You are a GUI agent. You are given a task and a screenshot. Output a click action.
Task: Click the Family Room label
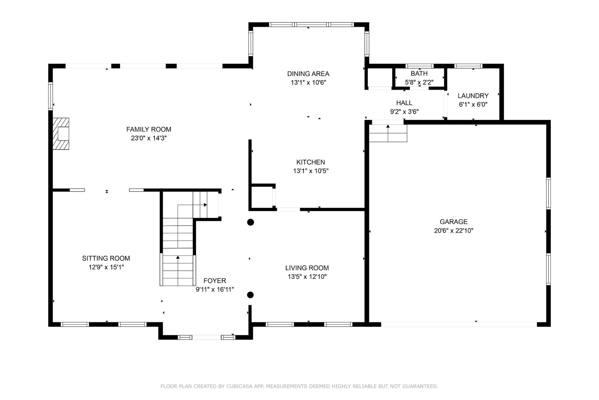tap(149, 129)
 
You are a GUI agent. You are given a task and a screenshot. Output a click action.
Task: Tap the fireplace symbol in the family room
tap(61, 134)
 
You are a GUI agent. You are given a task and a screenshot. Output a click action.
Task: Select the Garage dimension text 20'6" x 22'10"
tap(454, 230)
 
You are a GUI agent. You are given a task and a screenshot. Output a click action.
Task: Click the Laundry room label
tap(473, 96)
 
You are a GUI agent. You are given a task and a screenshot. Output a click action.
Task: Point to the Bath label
tap(419, 73)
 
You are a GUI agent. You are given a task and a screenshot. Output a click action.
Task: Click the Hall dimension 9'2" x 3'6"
tap(404, 111)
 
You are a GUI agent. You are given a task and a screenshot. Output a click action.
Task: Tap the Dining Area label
tap(308, 74)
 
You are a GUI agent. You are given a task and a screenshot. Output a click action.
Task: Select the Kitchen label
tap(310, 162)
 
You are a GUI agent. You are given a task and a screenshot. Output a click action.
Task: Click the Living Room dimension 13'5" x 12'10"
tap(307, 276)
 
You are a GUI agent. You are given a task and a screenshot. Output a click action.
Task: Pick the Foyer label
tap(215, 281)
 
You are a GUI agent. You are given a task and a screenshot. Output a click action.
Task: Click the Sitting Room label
tap(106, 258)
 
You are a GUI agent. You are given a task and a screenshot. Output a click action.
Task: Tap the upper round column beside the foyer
tap(251, 222)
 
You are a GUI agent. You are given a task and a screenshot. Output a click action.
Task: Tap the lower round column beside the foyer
tap(251, 295)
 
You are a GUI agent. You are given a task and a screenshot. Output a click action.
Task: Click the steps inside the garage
tap(388, 133)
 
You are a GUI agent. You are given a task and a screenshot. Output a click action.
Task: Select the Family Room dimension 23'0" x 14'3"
tap(149, 138)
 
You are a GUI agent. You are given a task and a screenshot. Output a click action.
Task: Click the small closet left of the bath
tap(380, 78)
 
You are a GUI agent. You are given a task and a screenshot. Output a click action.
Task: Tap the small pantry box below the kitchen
tap(262, 197)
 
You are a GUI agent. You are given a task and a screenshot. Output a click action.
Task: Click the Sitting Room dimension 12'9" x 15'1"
tap(106, 267)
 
